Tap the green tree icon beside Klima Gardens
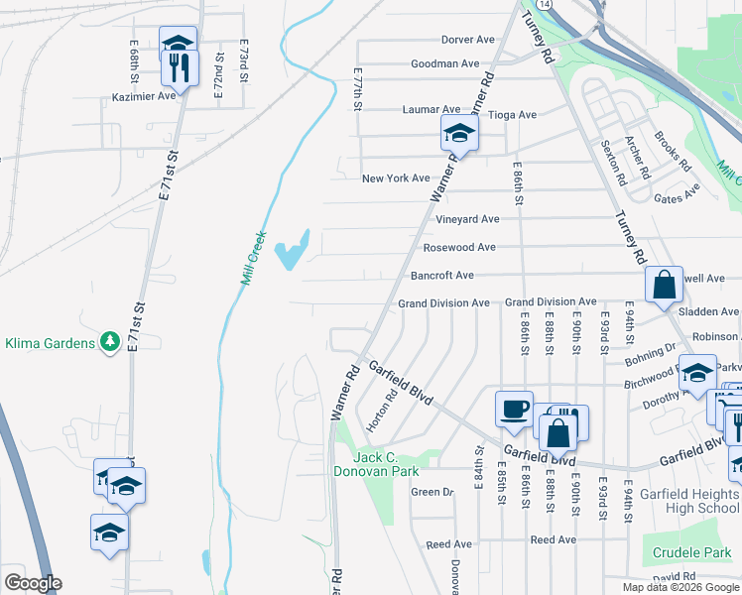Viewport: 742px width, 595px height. pyautogui.click(x=110, y=343)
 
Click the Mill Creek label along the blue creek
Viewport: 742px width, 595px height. pyautogui.click(x=254, y=259)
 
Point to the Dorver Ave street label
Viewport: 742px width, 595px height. pyautogui.click(x=469, y=40)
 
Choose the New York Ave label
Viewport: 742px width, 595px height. pyautogui.click(x=396, y=178)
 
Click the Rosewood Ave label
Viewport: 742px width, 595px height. pyautogui.click(x=459, y=247)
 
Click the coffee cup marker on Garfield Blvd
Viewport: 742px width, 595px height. pyautogui.click(x=515, y=409)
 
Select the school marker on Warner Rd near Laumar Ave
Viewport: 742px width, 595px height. pyautogui.click(x=459, y=133)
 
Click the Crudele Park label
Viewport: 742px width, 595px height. pyautogui.click(x=685, y=551)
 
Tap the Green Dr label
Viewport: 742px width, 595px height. pyautogui.click(x=432, y=492)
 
